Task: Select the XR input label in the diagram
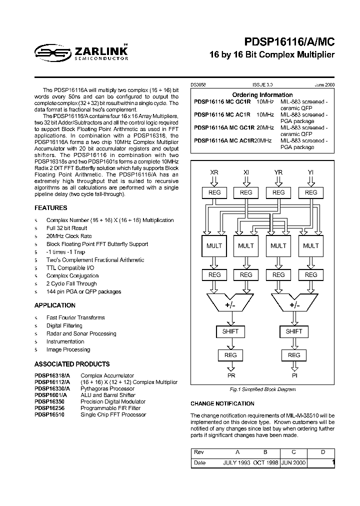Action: click(x=214, y=172)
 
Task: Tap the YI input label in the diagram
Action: click(x=310, y=172)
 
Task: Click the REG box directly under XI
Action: click(x=246, y=192)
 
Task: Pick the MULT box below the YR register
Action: click(x=278, y=245)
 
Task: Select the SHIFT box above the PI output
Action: click(x=294, y=331)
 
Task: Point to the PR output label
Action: click(x=231, y=375)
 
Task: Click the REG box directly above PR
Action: click(x=230, y=355)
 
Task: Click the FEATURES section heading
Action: click(x=50, y=208)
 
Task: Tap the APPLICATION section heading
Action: click(x=55, y=305)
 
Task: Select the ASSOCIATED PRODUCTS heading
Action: click(x=72, y=364)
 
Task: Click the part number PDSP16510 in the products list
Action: click(x=49, y=414)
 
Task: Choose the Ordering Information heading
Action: click(x=262, y=95)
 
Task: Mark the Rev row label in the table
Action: click(x=198, y=452)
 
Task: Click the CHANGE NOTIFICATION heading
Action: click(x=222, y=403)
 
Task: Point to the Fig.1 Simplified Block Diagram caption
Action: click(x=262, y=389)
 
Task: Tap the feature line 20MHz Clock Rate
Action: click(x=69, y=236)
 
